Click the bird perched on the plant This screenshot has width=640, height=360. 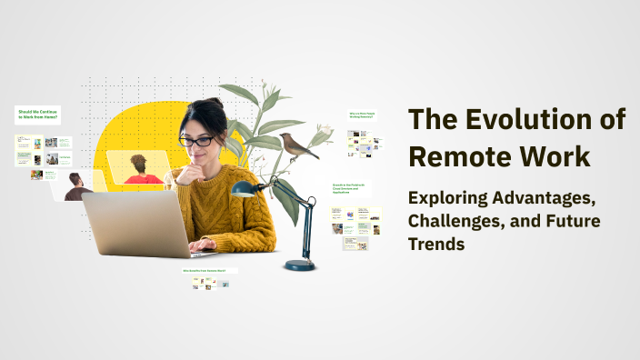297,144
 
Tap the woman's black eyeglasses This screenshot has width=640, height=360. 196,141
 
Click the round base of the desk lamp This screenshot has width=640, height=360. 300,265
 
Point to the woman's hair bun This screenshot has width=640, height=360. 215,105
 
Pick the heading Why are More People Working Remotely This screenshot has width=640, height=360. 362,116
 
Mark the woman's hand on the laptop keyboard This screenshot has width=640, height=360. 202,245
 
